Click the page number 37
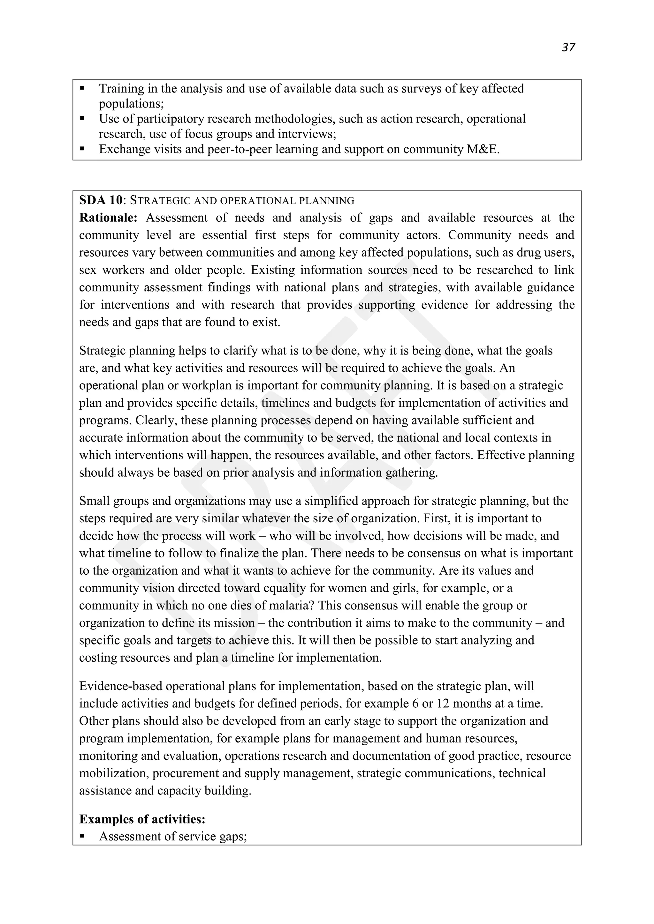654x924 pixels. point(568,48)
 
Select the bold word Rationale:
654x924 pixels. point(108,218)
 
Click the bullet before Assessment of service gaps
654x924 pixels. point(83,836)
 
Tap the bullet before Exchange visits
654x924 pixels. point(83,149)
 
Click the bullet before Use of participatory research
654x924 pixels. point(83,119)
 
